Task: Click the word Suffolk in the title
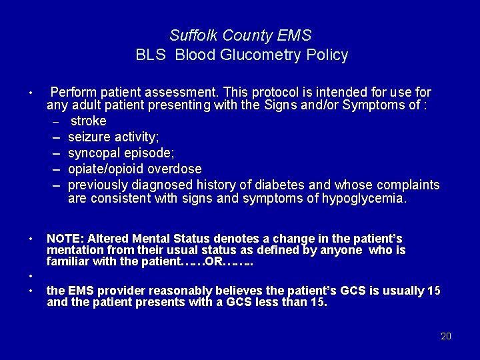coord(191,35)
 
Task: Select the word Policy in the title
coord(327,55)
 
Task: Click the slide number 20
coord(446,336)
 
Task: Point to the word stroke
coord(88,121)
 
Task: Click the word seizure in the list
coord(89,137)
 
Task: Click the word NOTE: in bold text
coord(65,239)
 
